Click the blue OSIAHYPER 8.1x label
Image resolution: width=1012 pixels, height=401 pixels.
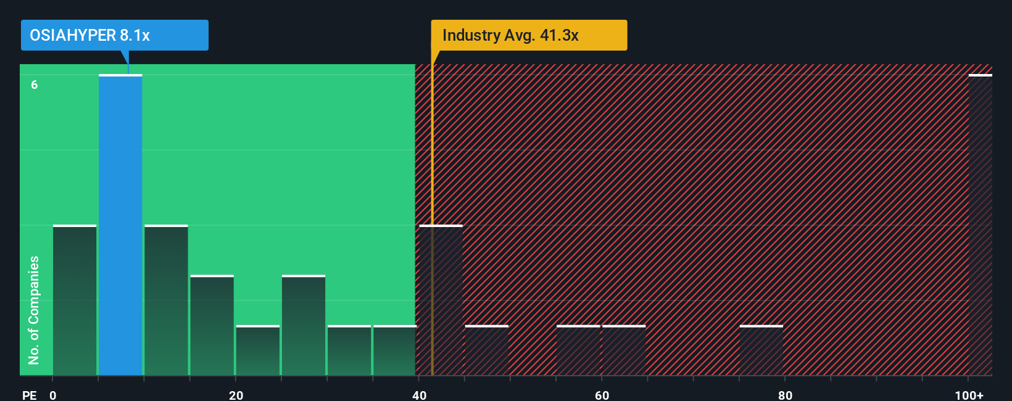114,35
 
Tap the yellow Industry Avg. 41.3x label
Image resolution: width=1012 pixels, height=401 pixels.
528,35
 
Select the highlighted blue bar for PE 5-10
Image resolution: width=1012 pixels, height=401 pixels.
120,225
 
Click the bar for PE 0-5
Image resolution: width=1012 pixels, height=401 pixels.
75,300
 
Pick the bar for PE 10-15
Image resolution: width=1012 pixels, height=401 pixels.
166,300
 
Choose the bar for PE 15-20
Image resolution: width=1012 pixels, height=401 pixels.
212,325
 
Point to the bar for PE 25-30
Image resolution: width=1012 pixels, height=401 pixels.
304,325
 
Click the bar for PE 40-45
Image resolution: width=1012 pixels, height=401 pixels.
441,300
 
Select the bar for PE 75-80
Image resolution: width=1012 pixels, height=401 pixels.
761,350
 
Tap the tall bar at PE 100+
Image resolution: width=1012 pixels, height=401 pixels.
980,225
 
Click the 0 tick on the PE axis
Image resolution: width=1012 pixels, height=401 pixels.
53,395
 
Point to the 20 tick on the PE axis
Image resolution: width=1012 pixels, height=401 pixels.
236,395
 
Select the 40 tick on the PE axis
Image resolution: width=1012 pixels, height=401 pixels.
419,395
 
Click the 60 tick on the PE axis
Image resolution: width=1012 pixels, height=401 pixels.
602,395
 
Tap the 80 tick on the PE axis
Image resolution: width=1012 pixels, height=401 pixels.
785,395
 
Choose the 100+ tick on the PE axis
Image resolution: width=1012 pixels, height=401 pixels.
969,395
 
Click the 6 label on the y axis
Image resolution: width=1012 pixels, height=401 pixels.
35,85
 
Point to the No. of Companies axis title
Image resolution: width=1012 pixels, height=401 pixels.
34,310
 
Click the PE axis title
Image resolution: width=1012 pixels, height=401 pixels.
30,395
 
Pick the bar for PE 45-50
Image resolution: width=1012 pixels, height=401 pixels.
486,350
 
